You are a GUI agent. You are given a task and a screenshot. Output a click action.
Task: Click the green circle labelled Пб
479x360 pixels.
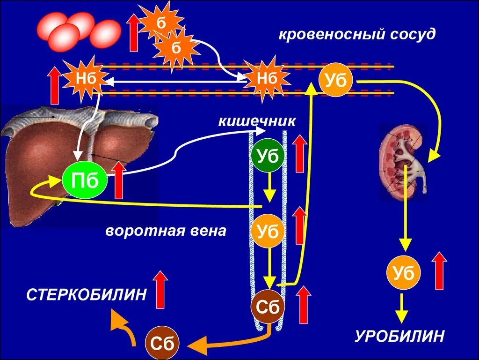click(85, 180)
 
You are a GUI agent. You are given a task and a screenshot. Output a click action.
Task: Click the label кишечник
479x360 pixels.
click(256, 121)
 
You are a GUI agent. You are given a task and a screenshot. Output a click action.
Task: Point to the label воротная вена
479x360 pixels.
click(166, 231)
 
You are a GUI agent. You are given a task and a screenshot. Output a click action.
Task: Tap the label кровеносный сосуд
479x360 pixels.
click(357, 35)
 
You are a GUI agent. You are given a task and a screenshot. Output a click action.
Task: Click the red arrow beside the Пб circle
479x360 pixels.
click(119, 180)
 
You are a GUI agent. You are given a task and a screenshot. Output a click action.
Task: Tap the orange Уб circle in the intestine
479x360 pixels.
click(268, 232)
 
